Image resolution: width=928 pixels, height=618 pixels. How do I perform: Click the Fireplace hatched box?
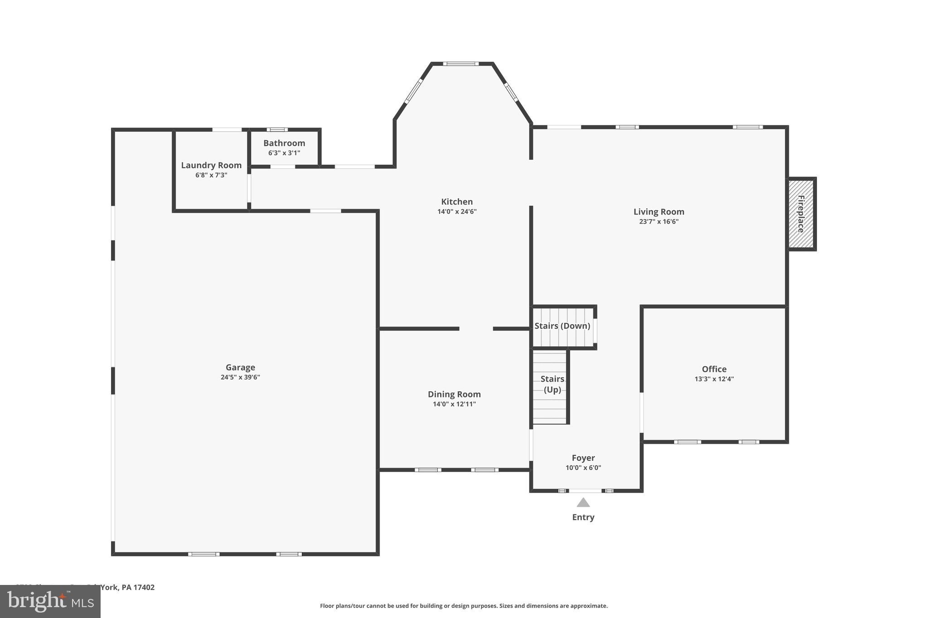pyautogui.click(x=801, y=214)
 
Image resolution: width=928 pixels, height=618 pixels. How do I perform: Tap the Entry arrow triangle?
pyautogui.click(x=583, y=503)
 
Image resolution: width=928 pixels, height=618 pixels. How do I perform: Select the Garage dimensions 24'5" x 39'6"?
pyautogui.click(x=240, y=377)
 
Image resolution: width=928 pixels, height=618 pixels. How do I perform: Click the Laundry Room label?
pyautogui.click(x=211, y=165)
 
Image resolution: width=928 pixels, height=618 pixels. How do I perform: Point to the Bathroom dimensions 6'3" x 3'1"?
pyautogui.click(x=284, y=153)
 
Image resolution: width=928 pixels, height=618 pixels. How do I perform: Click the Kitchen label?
pyautogui.click(x=457, y=201)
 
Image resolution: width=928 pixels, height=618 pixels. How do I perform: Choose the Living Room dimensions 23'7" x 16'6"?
pyautogui.click(x=658, y=221)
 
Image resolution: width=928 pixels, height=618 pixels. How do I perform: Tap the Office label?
pyautogui.click(x=714, y=369)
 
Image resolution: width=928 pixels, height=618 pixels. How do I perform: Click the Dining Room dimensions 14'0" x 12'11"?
pyautogui.click(x=454, y=404)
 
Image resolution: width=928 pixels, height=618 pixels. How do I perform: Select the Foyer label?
pyautogui.click(x=583, y=458)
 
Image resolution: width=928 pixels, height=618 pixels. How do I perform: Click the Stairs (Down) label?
pyautogui.click(x=562, y=326)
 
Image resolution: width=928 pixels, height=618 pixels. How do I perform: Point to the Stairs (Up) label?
pyautogui.click(x=552, y=384)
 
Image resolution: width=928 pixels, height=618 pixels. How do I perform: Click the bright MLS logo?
pyautogui.click(x=50, y=602)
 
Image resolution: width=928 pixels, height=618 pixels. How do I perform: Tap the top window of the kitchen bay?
pyautogui.click(x=461, y=64)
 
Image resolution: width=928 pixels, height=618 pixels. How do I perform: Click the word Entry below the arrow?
pyautogui.click(x=583, y=517)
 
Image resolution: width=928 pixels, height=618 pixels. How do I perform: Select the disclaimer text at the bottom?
pyautogui.click(x=464, y=606)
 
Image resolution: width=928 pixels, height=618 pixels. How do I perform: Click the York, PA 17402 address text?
pyautogui.click(x=127, y=587)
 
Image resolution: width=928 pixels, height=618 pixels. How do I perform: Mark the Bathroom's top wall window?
pyautogui.click(x=277, y=130)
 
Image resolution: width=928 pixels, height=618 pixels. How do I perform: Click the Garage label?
pyautogui.click(x=240, y=367)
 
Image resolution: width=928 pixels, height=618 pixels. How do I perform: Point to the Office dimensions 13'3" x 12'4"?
pyautogui.click(x=714, y=379)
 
